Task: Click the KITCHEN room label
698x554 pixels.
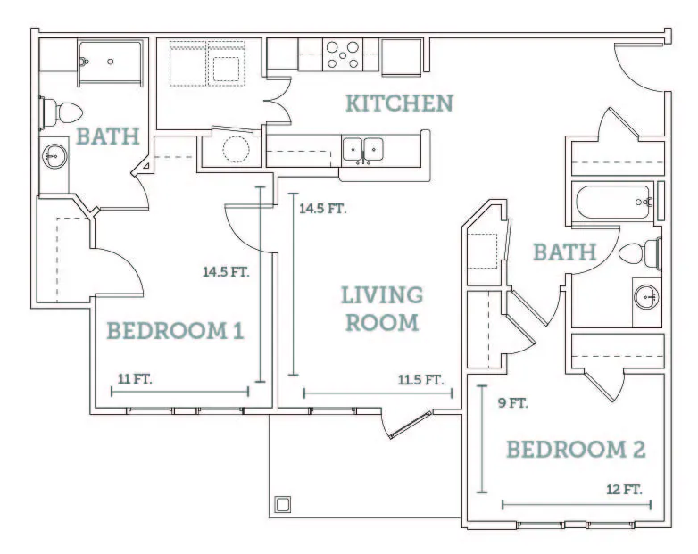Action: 399,103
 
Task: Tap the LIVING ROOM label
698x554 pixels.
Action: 382,309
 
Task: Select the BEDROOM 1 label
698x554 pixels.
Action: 175,331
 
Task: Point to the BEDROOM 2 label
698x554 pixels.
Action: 576,450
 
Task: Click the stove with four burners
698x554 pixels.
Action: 343,54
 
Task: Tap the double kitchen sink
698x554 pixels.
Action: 362,151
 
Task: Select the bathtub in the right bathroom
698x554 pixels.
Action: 612,202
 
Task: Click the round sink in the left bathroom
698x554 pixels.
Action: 54,156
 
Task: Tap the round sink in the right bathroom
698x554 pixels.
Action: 646,296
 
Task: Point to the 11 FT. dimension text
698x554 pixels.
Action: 135,379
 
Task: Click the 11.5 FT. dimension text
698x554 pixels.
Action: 420,380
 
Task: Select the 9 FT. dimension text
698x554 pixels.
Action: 513,403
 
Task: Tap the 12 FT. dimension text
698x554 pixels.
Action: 624,490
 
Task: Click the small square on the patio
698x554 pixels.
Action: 283,505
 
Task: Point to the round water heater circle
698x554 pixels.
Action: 236,149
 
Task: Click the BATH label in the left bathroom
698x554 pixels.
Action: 108,136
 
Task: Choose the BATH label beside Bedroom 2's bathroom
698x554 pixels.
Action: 565,252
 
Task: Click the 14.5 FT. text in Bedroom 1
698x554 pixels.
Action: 226,271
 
